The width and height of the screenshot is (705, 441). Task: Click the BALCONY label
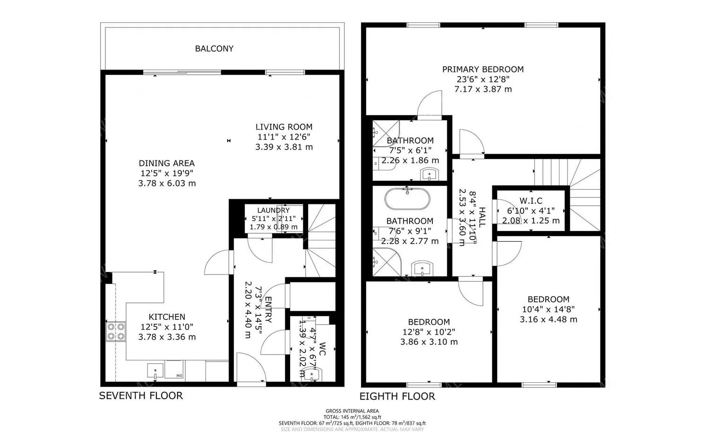(214, 49)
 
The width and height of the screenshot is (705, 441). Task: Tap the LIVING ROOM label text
(284, 127)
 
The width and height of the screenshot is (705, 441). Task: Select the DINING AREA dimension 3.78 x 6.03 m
(167, 183)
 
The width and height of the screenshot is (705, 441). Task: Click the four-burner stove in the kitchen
(116, 331)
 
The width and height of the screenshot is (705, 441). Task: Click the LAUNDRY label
(273, 210)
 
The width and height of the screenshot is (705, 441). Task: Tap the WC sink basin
(311, 374)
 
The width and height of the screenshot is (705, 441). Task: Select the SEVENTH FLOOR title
(140, 396)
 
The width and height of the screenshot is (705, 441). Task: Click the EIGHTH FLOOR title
(397, 397)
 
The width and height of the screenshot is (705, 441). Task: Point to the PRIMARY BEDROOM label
(482, 70)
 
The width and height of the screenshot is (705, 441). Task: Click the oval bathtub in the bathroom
(407, 199)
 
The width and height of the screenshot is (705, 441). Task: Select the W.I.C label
(531, 201)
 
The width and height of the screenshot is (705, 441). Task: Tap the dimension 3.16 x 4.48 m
(548, 319)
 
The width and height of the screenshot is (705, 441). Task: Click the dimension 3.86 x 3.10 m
(429, 342)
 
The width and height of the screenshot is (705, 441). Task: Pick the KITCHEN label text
(167, 317)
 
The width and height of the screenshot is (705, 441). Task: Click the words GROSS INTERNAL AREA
(352, 411)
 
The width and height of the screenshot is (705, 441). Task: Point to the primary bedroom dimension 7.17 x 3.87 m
(482, 89)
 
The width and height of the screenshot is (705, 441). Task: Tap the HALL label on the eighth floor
(481, 217)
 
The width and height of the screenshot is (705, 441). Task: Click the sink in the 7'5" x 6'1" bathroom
(430, 174)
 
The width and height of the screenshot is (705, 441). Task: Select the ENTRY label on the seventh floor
(268, 309)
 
